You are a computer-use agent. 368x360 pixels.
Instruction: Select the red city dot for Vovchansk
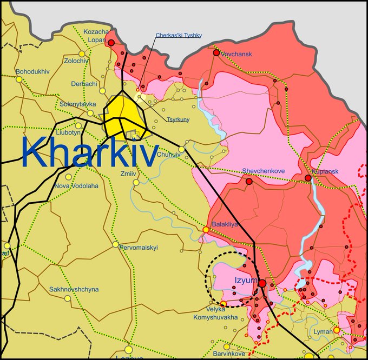[216, 52]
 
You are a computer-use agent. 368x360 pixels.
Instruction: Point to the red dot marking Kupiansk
[308, 178]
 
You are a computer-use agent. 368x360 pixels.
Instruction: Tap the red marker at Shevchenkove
[249, 182]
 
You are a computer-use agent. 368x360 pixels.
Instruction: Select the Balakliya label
[225, 223]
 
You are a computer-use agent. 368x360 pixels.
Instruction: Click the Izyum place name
[243, 279]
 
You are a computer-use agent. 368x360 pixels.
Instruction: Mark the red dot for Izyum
[262, 283]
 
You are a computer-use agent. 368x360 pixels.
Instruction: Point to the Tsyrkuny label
[178, 119]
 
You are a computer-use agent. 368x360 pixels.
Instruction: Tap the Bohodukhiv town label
[32, 71]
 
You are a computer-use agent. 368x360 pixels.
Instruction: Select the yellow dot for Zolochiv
[82, 54]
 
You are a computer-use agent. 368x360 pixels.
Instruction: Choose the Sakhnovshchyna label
[74, 289]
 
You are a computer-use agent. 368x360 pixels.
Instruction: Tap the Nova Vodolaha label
[76, 186]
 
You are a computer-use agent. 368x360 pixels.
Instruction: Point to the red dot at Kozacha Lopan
[111, 42]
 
